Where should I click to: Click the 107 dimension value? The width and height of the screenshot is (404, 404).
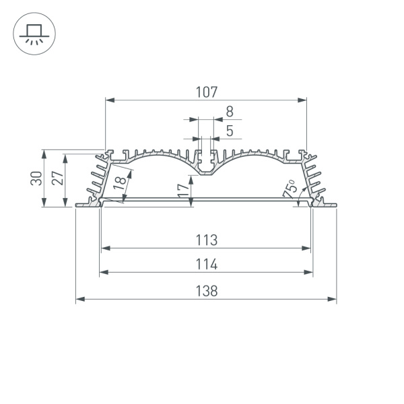pos(207,92)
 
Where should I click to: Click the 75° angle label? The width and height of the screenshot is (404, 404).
pos(290,188)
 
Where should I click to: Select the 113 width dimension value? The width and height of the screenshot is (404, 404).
pos(207,240)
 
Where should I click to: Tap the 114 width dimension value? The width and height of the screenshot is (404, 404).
pos(207,265)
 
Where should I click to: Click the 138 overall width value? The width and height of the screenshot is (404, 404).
pos(207,291)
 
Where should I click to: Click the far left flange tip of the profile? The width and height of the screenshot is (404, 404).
pos(77,205)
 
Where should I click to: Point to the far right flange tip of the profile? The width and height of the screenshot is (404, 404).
pos(334,205)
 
